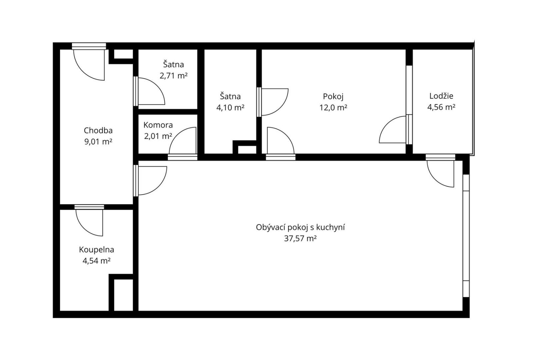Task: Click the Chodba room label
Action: click(x=98, y=130)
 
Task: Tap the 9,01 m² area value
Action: click(x=98, y=142)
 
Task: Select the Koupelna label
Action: click(x=96, y=250)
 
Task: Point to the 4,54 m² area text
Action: click(x=96, y=261)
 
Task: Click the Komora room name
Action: click(x=158, y=125)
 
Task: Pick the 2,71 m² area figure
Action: click(x=174, y=76)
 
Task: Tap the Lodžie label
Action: click(x=441, y=96)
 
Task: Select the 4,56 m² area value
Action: click(x=441, y=107)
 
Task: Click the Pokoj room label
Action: click(x=333, y=97)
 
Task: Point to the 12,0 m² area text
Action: click(x=333, y=108)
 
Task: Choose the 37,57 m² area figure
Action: click(x=300, y=239)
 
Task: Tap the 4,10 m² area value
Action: click(x=230, y=108)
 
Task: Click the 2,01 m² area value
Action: click(x=158, y=136)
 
